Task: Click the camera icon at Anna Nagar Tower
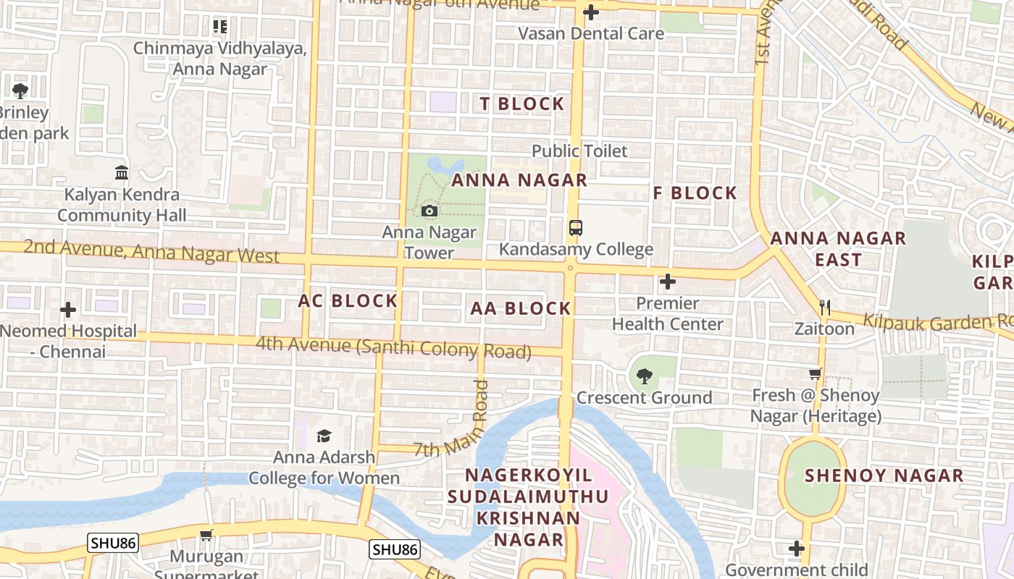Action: (x=429, y=211)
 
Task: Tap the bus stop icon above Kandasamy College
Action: (x=575, y=228)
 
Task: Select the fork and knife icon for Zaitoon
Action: (x=824, y=308)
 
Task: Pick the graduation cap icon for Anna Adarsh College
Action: (x=324, y=436)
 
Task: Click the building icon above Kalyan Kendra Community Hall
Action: (x=122, y=173)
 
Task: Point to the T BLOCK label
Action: (x=521, y=104)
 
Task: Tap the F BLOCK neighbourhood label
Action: (x=695, y=193)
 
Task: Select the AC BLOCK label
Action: (x=348, y=301)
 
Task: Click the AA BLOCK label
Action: (x=521, y=309)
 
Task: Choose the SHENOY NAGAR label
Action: (x=884, y=476)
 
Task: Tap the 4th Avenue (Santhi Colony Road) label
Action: (x=393, y=347)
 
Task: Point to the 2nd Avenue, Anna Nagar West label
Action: (x=151, y=251)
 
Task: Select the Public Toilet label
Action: (x=579, y=151)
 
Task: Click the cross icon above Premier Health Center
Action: (x=668, y=282)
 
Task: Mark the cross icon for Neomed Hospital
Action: (x=68, y=310)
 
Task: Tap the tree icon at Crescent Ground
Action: (x=644, y=376)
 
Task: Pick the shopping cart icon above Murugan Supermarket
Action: (x=206, y=536)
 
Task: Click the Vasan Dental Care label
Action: (x=591, y=33)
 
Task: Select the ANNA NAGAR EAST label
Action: (x=837, y=249)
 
